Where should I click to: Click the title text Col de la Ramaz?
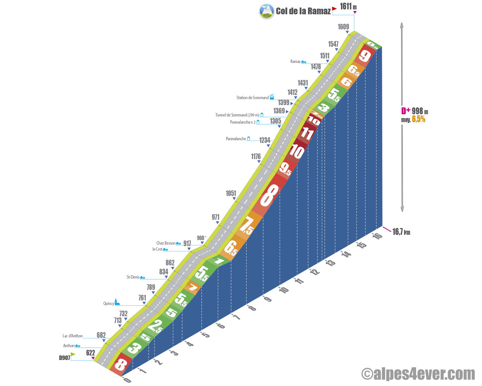click(x=303, y=11)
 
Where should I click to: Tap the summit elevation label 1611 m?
click(x=348, y=6)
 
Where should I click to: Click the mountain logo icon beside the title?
click(x=267, y=11)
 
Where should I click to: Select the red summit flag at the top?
click(x=334, y=8)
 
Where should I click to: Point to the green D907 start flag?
click(x=73, y=354)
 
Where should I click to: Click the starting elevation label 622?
click(x=90, y=353)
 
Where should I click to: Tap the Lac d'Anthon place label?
click(x=73, y=336)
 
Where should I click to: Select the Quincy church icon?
click(x=117, y=302)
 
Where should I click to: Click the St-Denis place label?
click(x=133, y=277)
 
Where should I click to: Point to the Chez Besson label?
click(x=166, y=243)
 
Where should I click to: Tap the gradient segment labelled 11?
click(x=307, y=133)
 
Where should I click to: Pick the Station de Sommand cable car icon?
click(x=272, y=97)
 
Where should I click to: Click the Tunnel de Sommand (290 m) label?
click(x=237, y=115)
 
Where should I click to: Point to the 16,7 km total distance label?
click(x=401, y=232)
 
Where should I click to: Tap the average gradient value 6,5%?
click(x=418, y=119)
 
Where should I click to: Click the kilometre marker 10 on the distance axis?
click(x=284, y=289)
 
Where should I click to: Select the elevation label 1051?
click(x=231, y=193)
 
